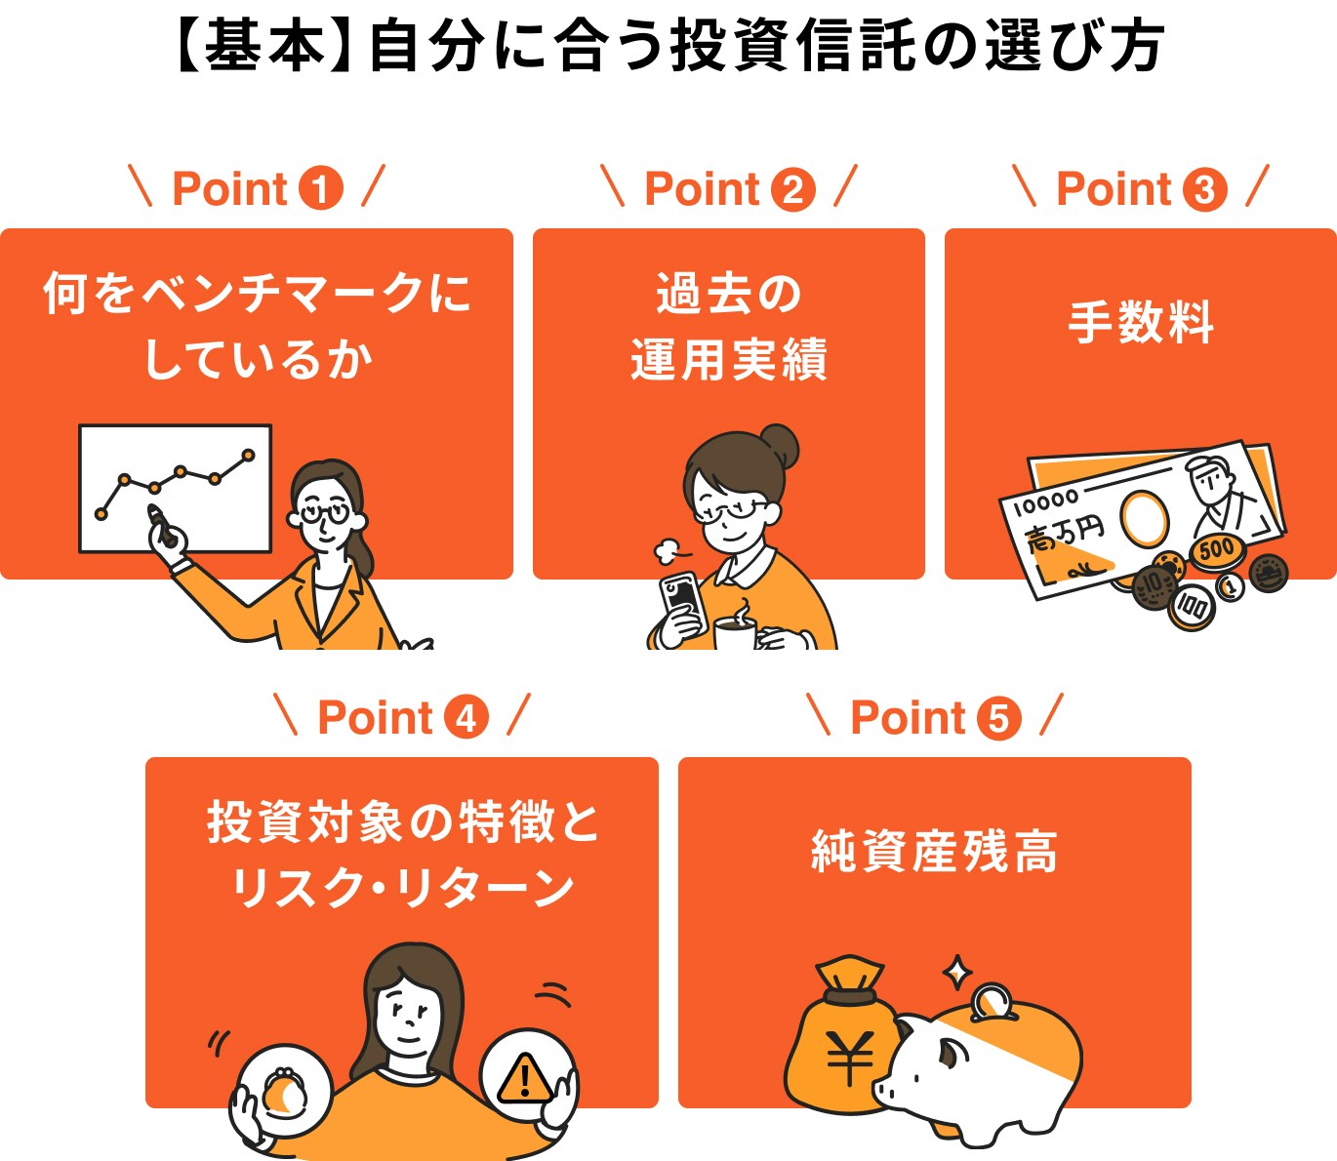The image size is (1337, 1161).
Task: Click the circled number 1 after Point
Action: pyautogui.click(x=321, y=189)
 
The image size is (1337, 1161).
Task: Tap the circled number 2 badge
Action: pyautogui.click(x=793, y=189)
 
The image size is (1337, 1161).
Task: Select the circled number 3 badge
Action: pyautogui.click(x=1205, y=189)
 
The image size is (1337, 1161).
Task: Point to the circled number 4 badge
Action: pyautogui.click(x=466, y=718)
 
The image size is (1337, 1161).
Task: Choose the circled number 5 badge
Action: pyautogui.click(x=999, y=718)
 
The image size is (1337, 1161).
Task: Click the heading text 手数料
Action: pyautogui.click(x=1141, y=322)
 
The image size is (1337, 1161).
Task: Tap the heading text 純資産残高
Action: pyautogui.click(x=934, y=851)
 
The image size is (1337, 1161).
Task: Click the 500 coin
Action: pyautogui.click(x=1216, y=550)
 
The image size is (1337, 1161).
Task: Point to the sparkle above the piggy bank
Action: pyautogui.click(x=957, y=972)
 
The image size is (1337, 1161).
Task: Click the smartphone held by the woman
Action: pyautogui.click(x=681, y=596)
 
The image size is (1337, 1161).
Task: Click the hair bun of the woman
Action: pyautogui.click(x=781, y=446)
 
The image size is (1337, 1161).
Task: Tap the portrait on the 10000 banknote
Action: pyautogui.click(x=1215, y=488)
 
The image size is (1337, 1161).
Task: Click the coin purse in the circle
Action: pyautogui.click(x=283, y=1091)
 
